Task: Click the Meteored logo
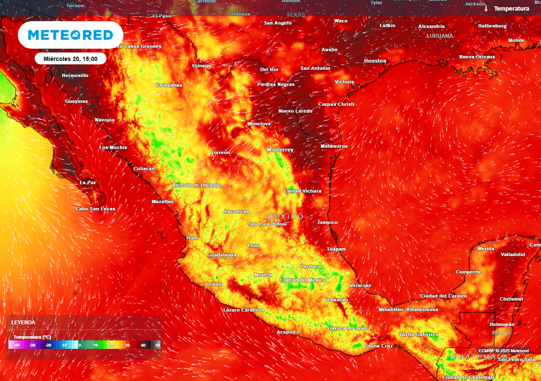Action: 70,35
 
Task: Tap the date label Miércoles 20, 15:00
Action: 71,58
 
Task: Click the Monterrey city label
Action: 280,150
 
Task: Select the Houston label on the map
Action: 375,61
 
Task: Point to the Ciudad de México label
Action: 303,280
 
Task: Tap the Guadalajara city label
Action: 221,255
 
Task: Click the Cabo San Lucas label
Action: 95,208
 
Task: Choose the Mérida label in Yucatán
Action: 486,248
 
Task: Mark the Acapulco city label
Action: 288,332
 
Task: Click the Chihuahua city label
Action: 169,85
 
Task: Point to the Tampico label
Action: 327,222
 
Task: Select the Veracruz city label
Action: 360,285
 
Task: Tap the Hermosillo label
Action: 75,75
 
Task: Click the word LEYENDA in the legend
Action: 23,322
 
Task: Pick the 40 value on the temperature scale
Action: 143,345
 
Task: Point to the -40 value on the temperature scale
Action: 17,345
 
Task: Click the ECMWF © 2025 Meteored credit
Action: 503,351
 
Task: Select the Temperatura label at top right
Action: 511,8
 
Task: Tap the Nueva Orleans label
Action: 477,57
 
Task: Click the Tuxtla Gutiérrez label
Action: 418,334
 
